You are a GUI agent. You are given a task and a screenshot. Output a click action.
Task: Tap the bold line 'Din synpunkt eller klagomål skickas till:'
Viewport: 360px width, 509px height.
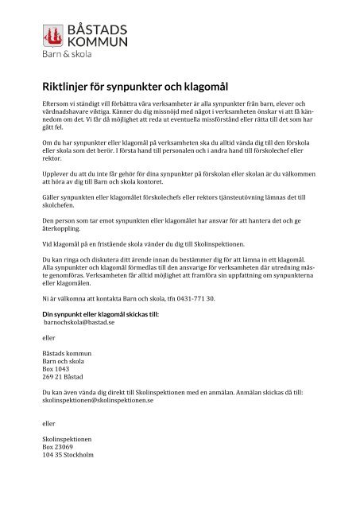100,315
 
